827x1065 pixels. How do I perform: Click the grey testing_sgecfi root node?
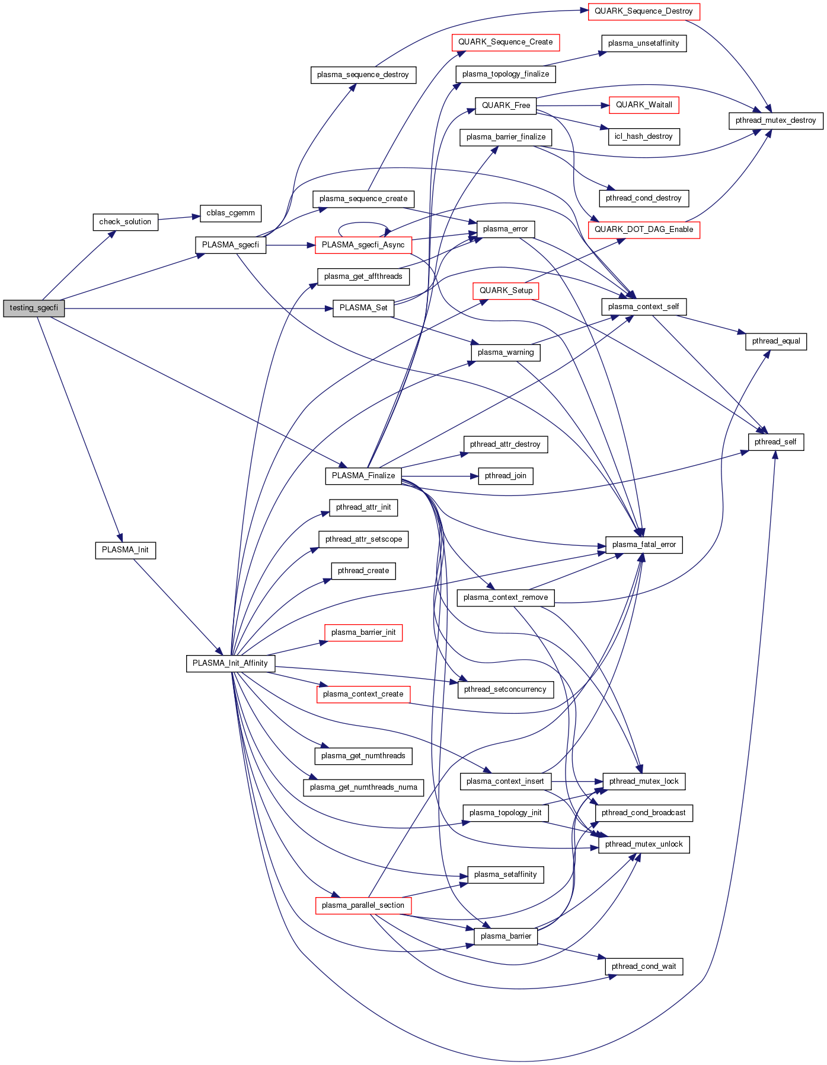pyautogui.click(x=34, y=308)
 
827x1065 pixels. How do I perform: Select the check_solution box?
pyautogui.click(x=125, y=222)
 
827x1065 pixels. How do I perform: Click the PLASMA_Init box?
pyautogui.click(x=125, y=550)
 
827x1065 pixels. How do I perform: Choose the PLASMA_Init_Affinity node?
pyautogui.click(x=230, y=663)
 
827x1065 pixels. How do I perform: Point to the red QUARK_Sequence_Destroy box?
pyautogui.click(x=644, y=11)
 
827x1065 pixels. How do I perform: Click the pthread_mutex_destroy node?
pyautogui.click(x=775, y=120)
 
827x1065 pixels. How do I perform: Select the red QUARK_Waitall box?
pyautogui.click(x=644, y=105)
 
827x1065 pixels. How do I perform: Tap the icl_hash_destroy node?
pyautogui.click(x=643, y=136)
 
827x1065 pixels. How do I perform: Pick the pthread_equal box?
pyautogui.click(x=776, y=341)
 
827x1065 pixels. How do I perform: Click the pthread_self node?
pyautogui.click(x=775, y=442)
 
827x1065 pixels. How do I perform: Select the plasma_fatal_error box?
pyautogui.click(x=644, y=545)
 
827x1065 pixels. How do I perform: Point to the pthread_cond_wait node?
pyautogui.click(x=644, y=967)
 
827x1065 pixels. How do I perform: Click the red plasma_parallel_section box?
pyautogui.click(x=363, y=905)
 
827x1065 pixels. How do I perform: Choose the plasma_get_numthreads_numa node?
pyautogui.click(x=363, y=787)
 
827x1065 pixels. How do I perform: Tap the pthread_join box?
pyautogui.click(x=506, y=476)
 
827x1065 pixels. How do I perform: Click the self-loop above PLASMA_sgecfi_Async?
pyautogui.click(x=363, y=224)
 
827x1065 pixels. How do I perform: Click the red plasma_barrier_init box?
pyautogui.click(x=363, y=632)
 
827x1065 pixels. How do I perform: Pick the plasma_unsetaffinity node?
pyautogui.click(x=643, y=43)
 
